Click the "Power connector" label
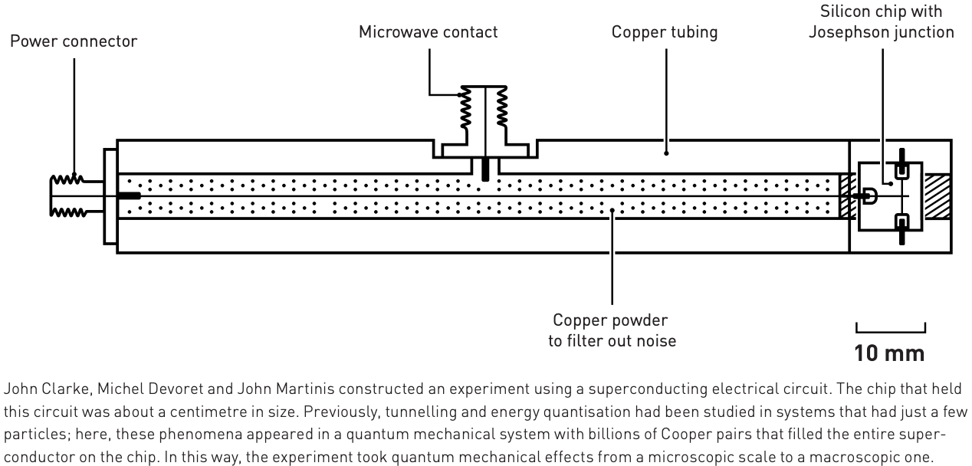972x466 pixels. pos(74,41)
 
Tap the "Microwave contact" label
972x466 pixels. pos(429,32)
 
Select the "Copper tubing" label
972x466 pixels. pos(665,32)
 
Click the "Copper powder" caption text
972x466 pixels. pos(612,320)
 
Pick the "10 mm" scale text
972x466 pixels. pos(890,353)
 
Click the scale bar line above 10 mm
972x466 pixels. pos(890,331)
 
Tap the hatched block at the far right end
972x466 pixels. pos(938,196)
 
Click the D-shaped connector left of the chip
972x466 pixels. pos(870,196)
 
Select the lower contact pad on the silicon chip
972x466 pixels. pos(902,223)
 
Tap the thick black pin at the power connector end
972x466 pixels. pos(129,196)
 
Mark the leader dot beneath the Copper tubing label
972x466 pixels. pos(665,153)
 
